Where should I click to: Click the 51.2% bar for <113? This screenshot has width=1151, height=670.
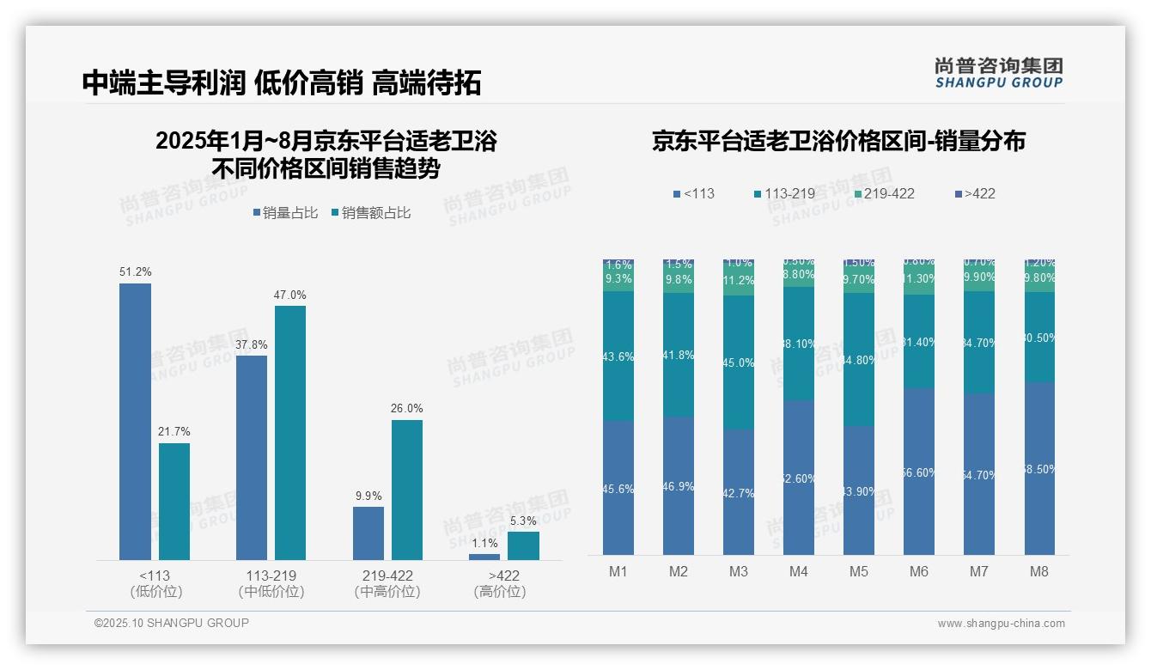pyautogui.click(x=135, y=421)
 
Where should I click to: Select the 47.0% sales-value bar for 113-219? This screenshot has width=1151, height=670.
pyautogui.click(x=290, y=433)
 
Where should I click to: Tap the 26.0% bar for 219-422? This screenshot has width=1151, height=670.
pyautogui.click(x=407, y=490)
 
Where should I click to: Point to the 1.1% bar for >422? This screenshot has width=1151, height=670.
pyautogui.click(x=484, y=557)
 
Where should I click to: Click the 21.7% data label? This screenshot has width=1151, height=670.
pyautogui.click(x=174, y=431)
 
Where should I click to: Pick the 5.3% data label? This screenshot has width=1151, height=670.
pyautogui.click(x=522, y=521)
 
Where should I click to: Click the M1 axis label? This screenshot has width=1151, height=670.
pyautogui.click(x=618, y=571)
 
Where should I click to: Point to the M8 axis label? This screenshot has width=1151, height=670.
pyautogui.click(x=1038, y=571)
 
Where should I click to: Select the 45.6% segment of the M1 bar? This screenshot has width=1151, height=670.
pyautogui.click(x=618, y=488)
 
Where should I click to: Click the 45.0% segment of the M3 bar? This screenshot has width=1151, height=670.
pyautogui.click(x=738, y=362)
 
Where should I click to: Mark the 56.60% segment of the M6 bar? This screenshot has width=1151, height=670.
pyautogui.click(x=918, y=472)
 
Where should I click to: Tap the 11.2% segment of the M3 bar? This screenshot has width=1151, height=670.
pyautogui.click(x=738, y=281)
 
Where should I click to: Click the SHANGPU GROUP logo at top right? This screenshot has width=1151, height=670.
pyautogui.click(x=998, y=73)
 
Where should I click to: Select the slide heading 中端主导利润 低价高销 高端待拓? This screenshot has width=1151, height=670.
pyautogui.click(x=282, y=82)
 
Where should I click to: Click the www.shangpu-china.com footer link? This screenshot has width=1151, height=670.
pyautogui.click(x=1001, y=624)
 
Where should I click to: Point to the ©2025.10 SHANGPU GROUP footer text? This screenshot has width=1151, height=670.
pyautogui.click(x=172, y=623)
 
